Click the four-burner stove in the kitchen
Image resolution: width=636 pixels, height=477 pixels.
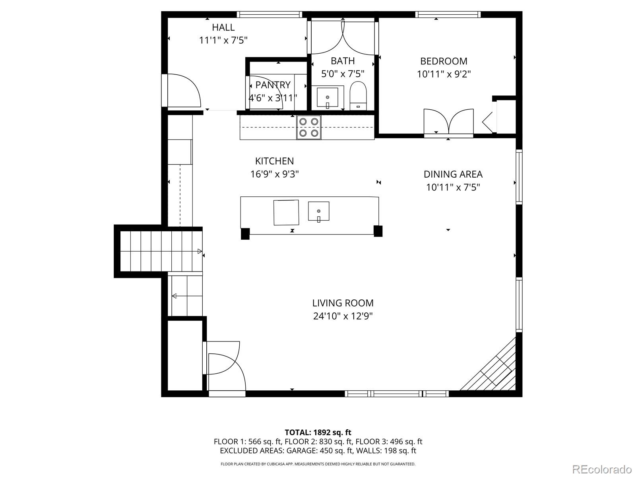309,127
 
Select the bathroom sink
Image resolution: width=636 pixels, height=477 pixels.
328,97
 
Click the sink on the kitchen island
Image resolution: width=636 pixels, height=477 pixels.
318,211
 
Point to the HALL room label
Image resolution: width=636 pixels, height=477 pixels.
223,27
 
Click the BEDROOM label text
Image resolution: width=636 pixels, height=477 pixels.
444,61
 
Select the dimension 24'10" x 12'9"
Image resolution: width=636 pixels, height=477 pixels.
343,316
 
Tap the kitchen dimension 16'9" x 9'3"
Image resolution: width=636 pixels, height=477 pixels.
274,174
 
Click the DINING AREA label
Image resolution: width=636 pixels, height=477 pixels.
453,174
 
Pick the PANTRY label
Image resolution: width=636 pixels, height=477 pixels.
273,85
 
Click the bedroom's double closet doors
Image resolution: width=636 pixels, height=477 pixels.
448,122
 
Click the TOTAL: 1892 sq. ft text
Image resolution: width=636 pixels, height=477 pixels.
318,432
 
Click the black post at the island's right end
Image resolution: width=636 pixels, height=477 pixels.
378,231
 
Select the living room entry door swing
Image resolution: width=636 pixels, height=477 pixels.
223,366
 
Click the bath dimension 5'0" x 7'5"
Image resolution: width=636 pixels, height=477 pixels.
343,74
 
